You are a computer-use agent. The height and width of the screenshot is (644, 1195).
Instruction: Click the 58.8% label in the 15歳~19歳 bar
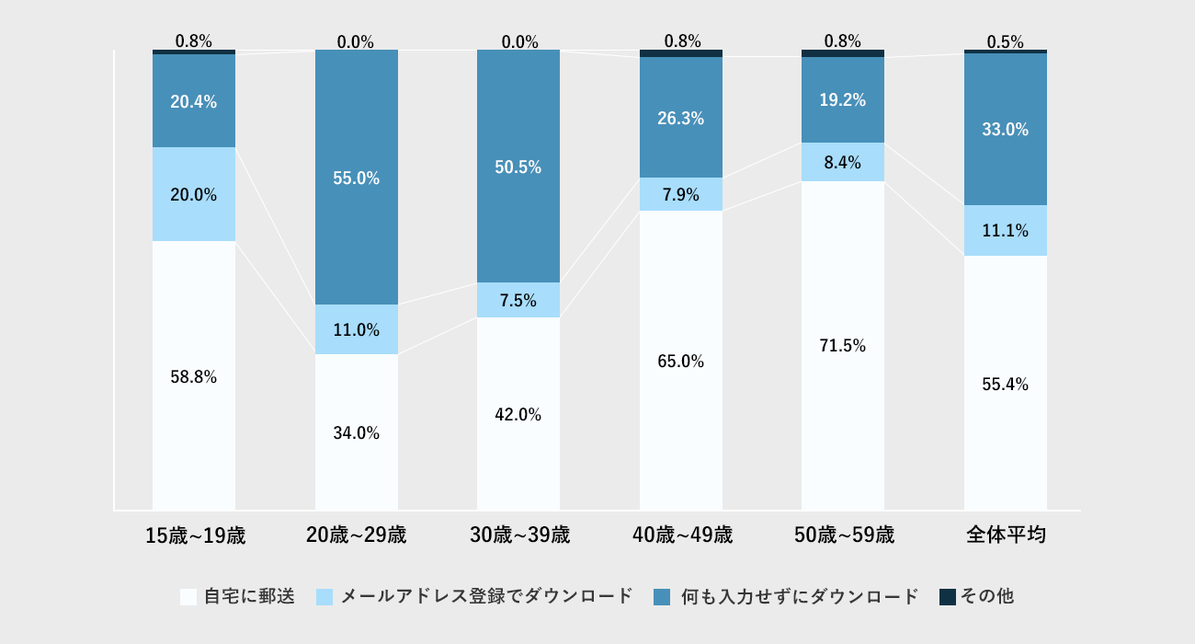194,376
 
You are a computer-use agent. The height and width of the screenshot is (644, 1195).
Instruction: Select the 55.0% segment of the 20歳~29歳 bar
357,178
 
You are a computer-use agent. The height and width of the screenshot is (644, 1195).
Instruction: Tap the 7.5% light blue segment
518,300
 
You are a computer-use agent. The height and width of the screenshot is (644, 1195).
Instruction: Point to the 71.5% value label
843,346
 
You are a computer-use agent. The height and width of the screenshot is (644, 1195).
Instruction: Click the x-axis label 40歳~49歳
682,535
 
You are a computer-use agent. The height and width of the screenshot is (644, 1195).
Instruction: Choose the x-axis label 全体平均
1006,535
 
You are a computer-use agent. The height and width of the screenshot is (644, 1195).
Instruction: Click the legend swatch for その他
948,596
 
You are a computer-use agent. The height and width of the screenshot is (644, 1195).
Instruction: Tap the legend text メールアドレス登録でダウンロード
487,596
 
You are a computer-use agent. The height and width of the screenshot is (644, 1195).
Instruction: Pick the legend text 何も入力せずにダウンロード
800,596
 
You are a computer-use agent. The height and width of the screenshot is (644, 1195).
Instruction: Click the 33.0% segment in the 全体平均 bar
1006,130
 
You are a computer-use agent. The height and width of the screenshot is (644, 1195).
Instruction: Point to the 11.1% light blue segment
1006,230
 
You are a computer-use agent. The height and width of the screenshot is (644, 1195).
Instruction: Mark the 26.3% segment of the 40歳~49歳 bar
681,118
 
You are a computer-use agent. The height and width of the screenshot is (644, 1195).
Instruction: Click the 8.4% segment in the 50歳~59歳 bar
843,162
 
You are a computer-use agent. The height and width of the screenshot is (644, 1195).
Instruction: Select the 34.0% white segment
357,432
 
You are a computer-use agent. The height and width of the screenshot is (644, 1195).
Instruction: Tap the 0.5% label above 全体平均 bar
1006,41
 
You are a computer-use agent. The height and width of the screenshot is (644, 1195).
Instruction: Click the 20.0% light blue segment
194,194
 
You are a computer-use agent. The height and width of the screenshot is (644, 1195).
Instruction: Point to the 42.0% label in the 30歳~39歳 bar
518,415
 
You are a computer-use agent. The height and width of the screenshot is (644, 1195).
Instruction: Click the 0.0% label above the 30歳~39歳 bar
518,41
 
